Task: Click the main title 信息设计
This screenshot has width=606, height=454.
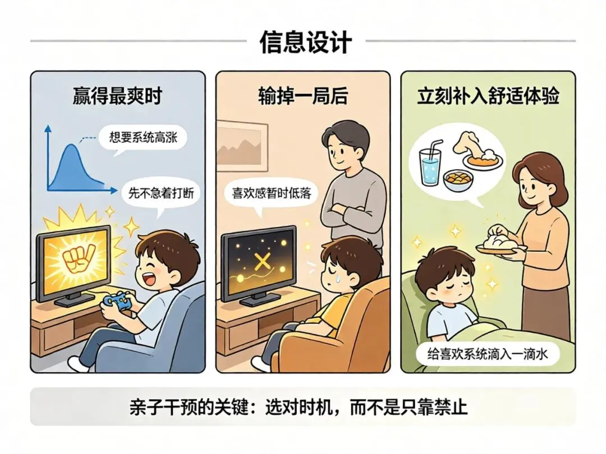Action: [x=306, y=41]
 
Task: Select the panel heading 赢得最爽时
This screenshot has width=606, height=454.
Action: [x=117, y=96]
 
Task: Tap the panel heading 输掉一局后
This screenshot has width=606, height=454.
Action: [x=302, y=96]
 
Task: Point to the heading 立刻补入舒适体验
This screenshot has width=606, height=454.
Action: [x=488, y=96]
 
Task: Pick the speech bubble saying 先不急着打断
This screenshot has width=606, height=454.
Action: [x=162, y=193]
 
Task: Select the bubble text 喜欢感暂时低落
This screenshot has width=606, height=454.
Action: [x=271, y=193]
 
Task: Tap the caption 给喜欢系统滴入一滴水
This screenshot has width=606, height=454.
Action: [x=488, y=354]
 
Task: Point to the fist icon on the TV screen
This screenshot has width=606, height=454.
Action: [x=77, y=258]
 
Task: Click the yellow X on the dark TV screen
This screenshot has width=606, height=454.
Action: [x=263, y=262]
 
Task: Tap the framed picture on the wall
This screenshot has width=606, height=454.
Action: [x=242, y=146]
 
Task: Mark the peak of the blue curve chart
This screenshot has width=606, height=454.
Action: [x=71, y=145]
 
